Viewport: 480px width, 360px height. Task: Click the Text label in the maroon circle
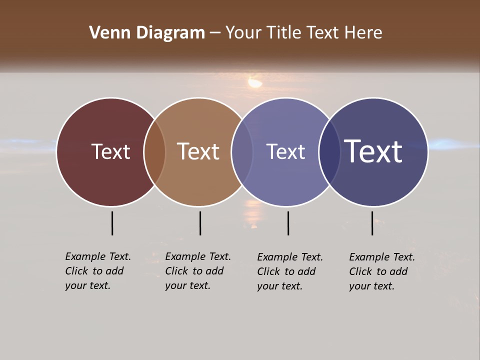coord(110,151)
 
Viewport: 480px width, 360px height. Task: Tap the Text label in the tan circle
coord(198,151)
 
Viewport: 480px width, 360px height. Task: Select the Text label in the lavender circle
coord(285,151)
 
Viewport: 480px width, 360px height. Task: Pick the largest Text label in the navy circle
coord(373,151)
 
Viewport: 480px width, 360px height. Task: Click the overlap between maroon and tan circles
coord(154,152)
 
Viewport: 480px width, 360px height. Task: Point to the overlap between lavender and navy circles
coord(329,152)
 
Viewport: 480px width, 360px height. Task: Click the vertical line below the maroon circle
coord(112,223)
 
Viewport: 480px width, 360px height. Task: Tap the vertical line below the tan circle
coord(200,223)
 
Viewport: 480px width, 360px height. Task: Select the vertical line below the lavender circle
coord(288,223)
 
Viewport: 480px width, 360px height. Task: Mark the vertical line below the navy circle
coord(372,223)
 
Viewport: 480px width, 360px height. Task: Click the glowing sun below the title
coord(255,82)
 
